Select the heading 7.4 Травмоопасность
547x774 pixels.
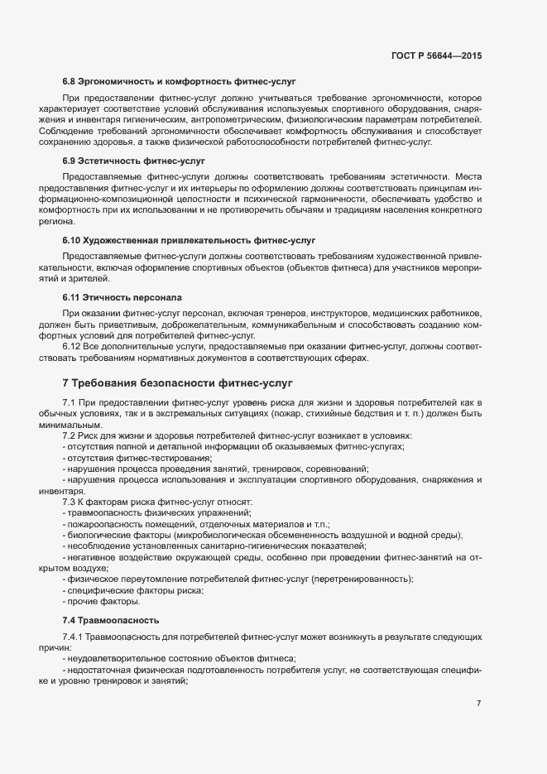[112, 619]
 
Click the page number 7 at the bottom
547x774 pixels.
[478, 704]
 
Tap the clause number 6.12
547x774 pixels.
[71, 348]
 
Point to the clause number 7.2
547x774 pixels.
[70, 435]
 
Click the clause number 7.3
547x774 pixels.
[70, 502]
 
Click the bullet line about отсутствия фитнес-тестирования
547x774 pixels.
[137, 458]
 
